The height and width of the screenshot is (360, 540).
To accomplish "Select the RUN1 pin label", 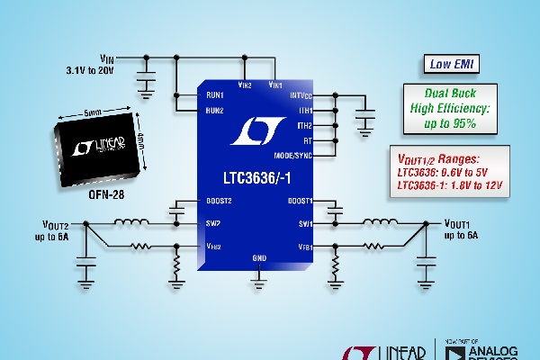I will [213, 94].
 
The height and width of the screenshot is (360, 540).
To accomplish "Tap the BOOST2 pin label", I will [219, 201].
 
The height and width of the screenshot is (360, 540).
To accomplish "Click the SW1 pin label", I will [303, 223].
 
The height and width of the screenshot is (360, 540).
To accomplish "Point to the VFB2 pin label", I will [213, 246].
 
